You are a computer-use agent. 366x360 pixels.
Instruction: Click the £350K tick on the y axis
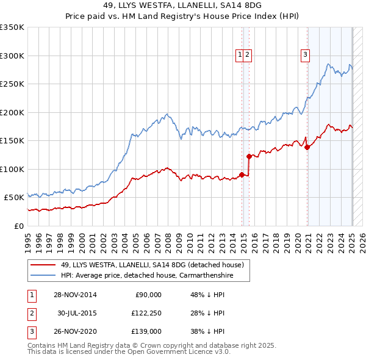pos(12,27)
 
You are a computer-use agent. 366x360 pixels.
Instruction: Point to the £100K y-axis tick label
pos(12,169)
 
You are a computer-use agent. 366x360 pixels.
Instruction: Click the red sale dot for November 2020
pos(307,147)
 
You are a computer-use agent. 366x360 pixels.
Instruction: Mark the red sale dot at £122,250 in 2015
pos(249,156)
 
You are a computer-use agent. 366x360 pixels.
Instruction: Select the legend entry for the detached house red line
pos(152,265)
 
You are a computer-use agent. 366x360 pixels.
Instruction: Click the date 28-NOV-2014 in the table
pos(75,294)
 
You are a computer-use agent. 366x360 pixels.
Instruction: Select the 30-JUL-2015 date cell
pos(76,312)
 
